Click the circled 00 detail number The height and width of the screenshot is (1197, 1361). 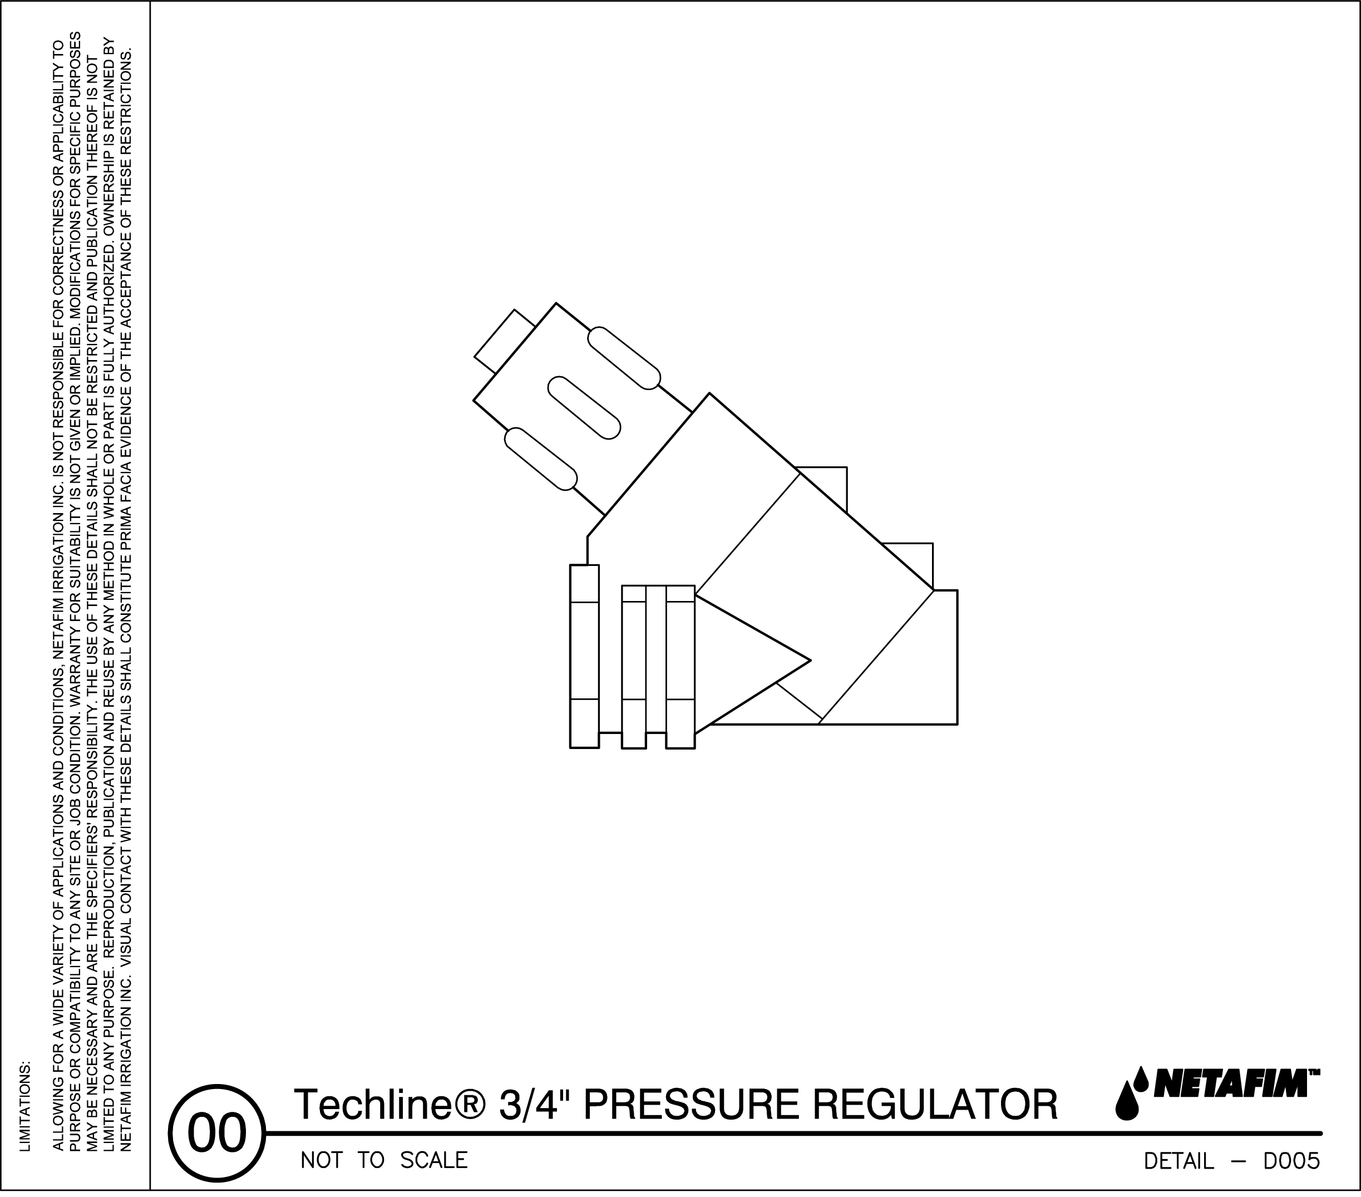point(217,1133)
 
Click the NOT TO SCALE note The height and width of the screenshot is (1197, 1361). point(384,1160)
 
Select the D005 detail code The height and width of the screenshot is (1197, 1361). point(1291,1161)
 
